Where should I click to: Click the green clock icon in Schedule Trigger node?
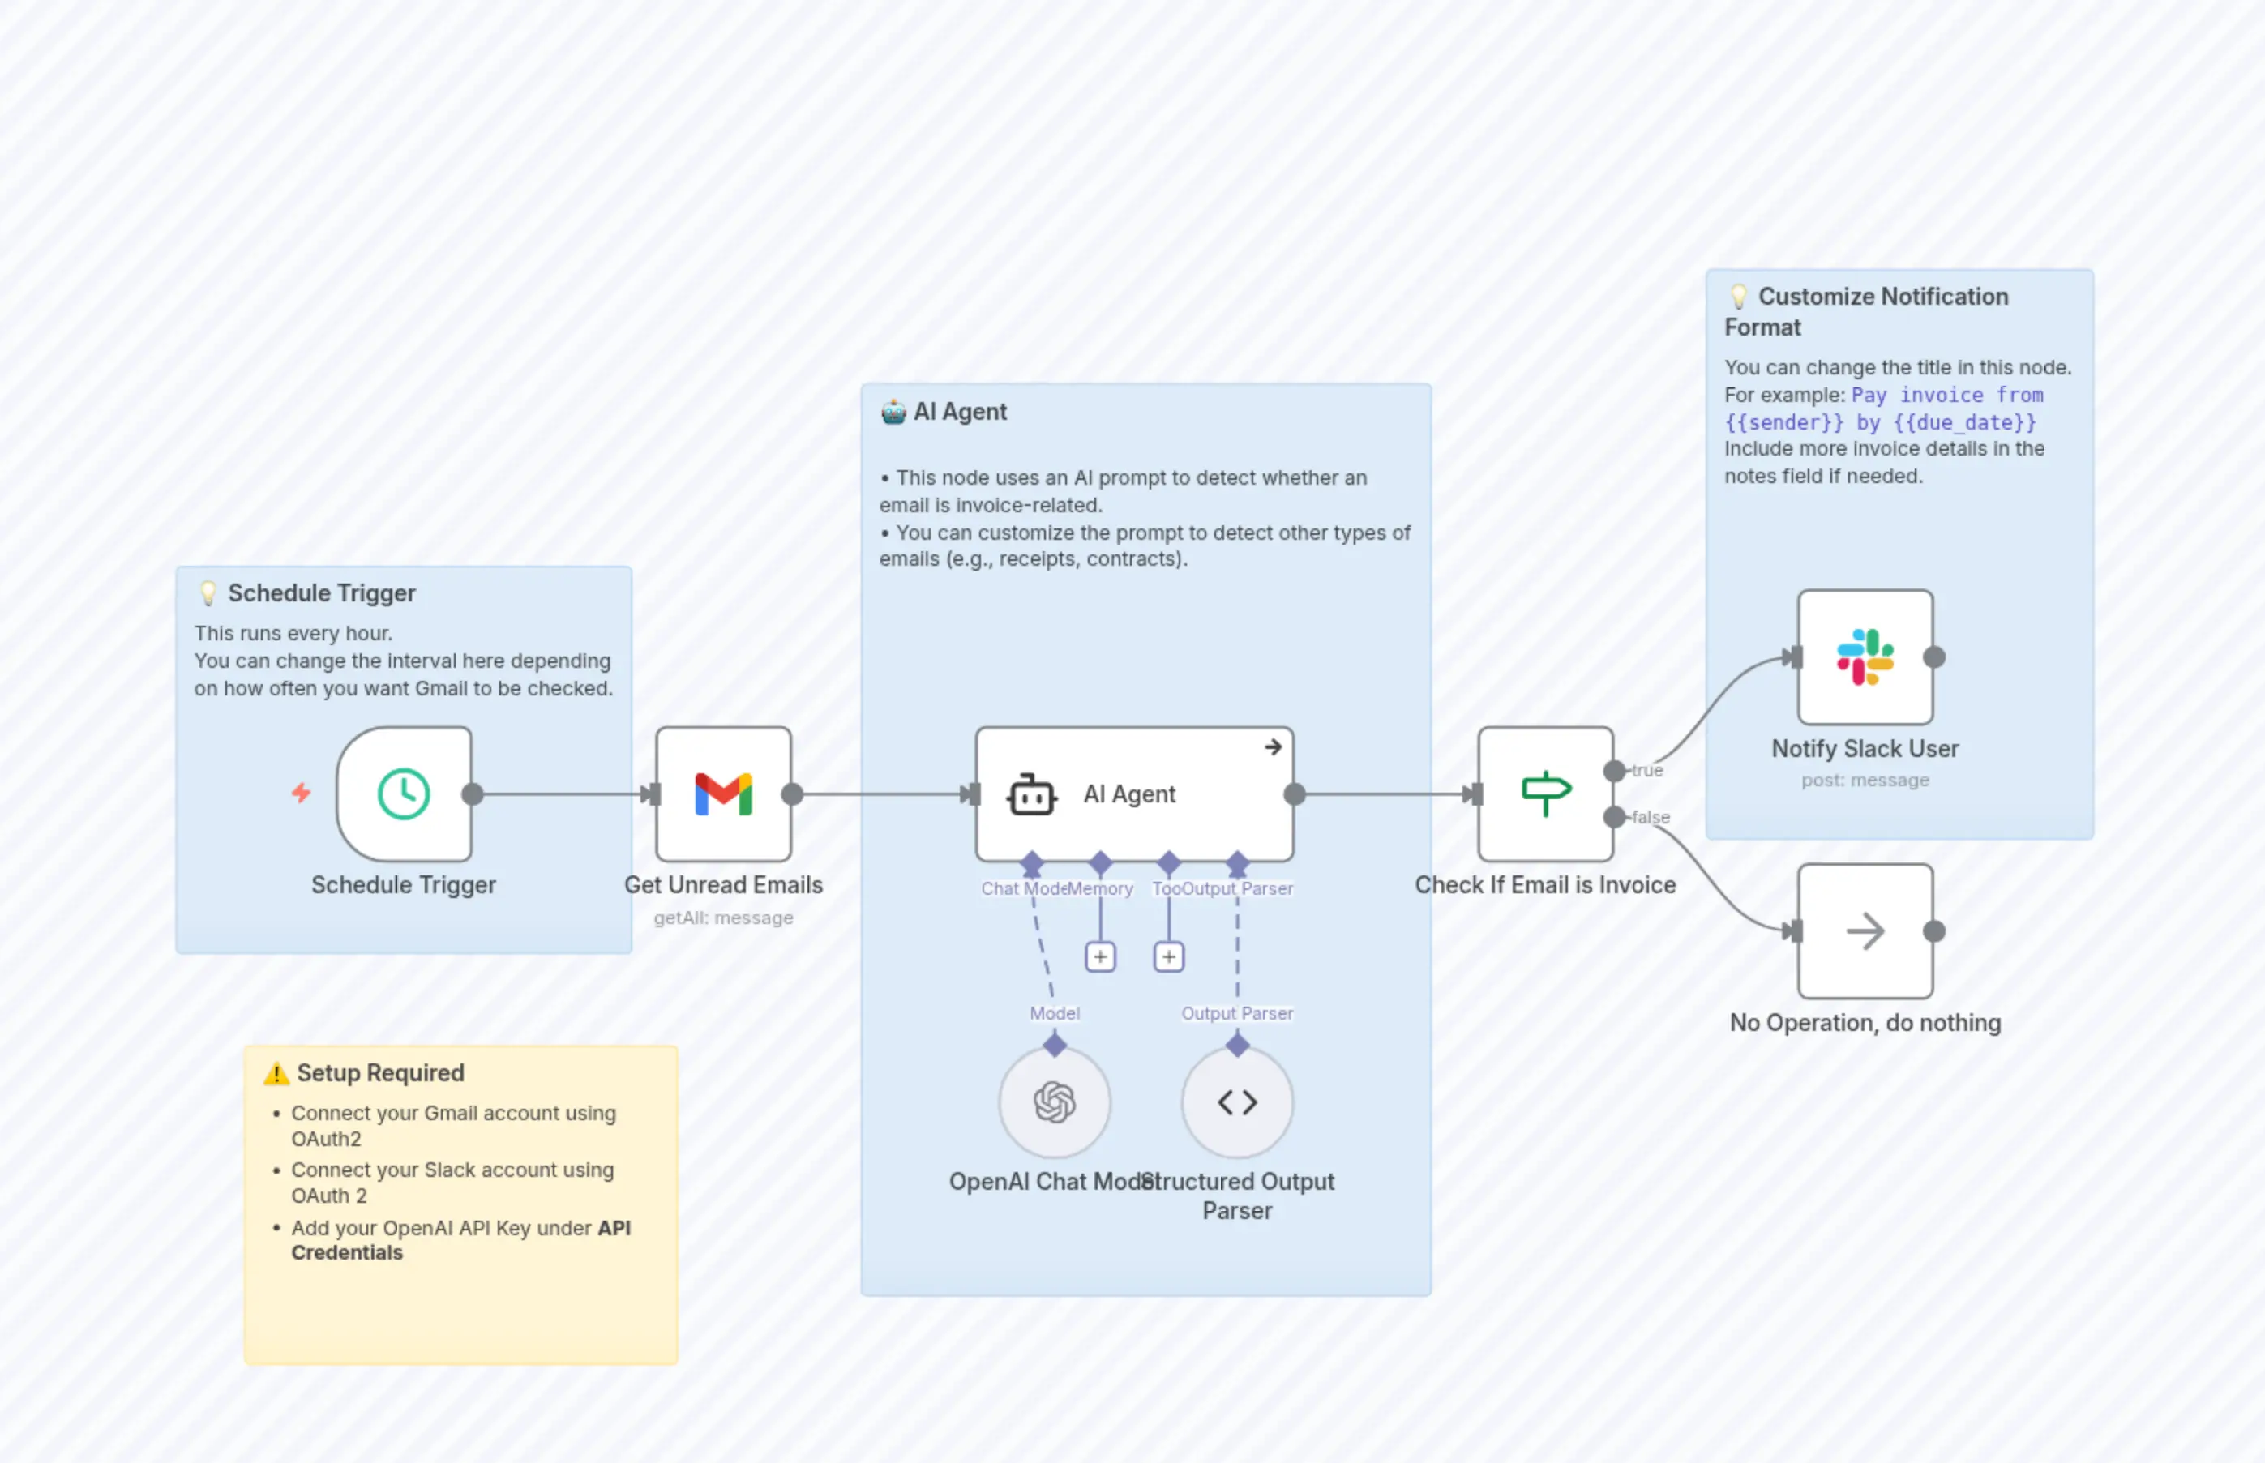click(x=404, y=794)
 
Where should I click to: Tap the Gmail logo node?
click(x=723, y=794)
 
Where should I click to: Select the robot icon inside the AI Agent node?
click(x=1031, y=795)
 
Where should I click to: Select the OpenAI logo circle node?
click(x=1054, y=1102)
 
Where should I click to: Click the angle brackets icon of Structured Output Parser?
click(x=1237, y=1102)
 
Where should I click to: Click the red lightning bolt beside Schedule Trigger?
click(x=302, y=793)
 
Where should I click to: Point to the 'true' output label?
click(x=1647, y=771)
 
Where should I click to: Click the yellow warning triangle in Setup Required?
click(x=276, y=1073)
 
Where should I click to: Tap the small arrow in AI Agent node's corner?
click(x=1273, y=747)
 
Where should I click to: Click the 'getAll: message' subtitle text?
click(x=723, y=918)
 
